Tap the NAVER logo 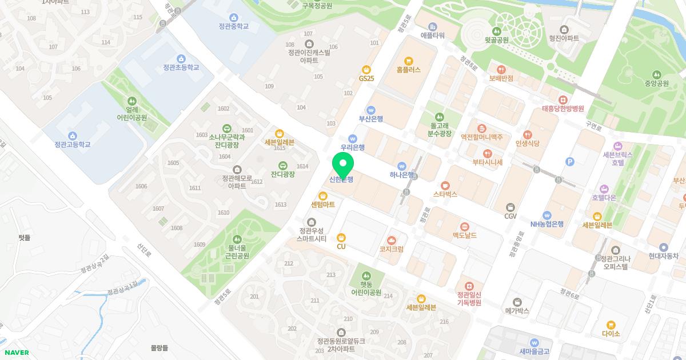[17, 353]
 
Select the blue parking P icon [569, 162]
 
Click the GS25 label [366, 78]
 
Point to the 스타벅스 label [445, 194]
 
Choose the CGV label [510, 217]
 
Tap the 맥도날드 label [465, 235]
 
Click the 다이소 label [611, 334]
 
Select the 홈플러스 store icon [408, 61]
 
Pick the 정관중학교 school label [233, 26]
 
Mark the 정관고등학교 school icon [73, 135]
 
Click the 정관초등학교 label [181, 67]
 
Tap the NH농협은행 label [547, 224]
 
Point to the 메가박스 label [517, 311]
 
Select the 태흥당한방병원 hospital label [563, 109]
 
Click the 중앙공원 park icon [657, 74]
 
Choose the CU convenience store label [341, 246]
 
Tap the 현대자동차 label [663, 257]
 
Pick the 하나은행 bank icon [402, 166]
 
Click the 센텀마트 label [323, 204]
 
